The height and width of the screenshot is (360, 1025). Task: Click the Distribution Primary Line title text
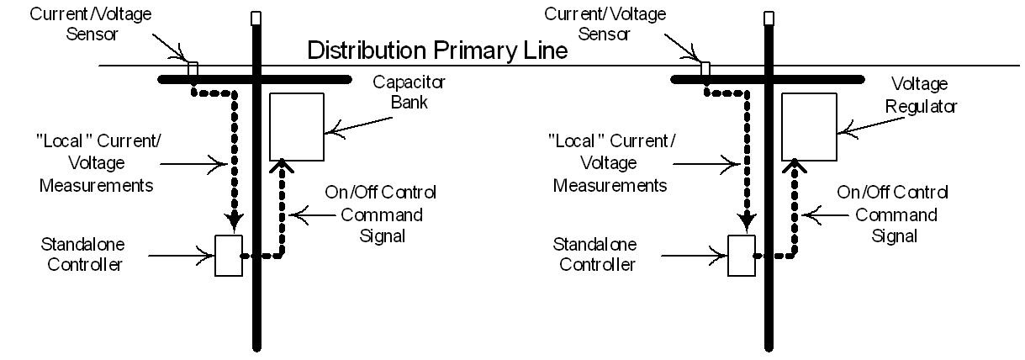pos(437,50)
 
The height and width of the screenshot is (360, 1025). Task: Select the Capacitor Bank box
pos(296,126)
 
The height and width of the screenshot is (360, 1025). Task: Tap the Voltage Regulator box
pos(809,126)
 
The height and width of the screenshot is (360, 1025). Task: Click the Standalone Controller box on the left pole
pos(229,255)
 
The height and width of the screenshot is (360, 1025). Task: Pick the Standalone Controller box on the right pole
pos(742,255)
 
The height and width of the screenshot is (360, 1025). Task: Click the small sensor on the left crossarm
pos(193,68)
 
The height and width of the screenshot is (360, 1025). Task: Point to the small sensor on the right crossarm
pos(705,68)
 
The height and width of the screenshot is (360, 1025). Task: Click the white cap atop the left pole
pos(256,17)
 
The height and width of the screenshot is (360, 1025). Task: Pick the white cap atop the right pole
pos(769,17)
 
